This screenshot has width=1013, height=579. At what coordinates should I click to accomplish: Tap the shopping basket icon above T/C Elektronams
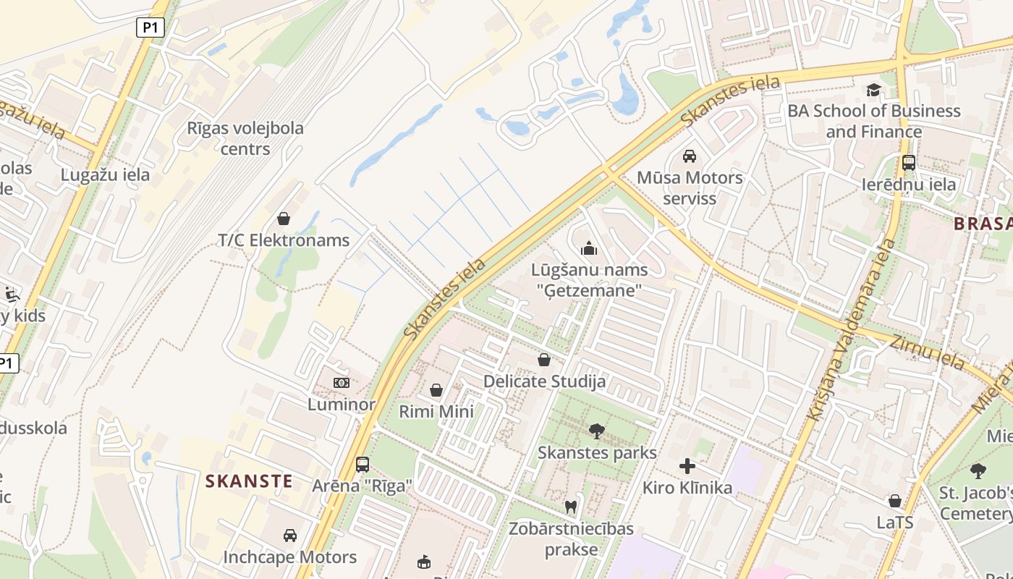point(284,219)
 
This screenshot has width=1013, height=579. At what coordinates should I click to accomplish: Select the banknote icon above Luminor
point(342,382)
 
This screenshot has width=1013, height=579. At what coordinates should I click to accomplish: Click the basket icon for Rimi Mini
point(436,391)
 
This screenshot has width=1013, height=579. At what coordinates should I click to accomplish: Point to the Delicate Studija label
point(544,381)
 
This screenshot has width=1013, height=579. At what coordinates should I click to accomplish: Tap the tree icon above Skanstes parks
point(597,432)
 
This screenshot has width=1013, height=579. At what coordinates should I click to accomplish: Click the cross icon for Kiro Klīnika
point(687,466)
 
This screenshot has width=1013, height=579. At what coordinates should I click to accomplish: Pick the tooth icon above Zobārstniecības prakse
point(570,507)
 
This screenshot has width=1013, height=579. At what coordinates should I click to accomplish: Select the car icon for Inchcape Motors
point(290,536)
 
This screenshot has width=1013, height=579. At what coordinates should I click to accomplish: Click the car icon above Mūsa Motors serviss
point(690,156)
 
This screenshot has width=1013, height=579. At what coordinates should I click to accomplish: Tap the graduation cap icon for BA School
point(874,90)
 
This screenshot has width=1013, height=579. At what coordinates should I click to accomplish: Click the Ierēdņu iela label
point(909,184)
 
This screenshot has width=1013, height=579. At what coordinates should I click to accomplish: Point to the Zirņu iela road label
point(928,352)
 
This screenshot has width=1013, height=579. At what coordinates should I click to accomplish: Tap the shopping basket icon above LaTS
point(895,501)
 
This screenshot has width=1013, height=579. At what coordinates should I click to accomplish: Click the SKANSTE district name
point(249,481)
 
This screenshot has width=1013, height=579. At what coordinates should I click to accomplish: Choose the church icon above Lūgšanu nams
point(589,249)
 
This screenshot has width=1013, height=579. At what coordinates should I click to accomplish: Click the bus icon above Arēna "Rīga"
point(363,465)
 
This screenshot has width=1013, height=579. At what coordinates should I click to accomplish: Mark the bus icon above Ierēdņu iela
point(909,163)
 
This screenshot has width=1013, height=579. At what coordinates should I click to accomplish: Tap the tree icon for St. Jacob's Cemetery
point(978,471)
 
